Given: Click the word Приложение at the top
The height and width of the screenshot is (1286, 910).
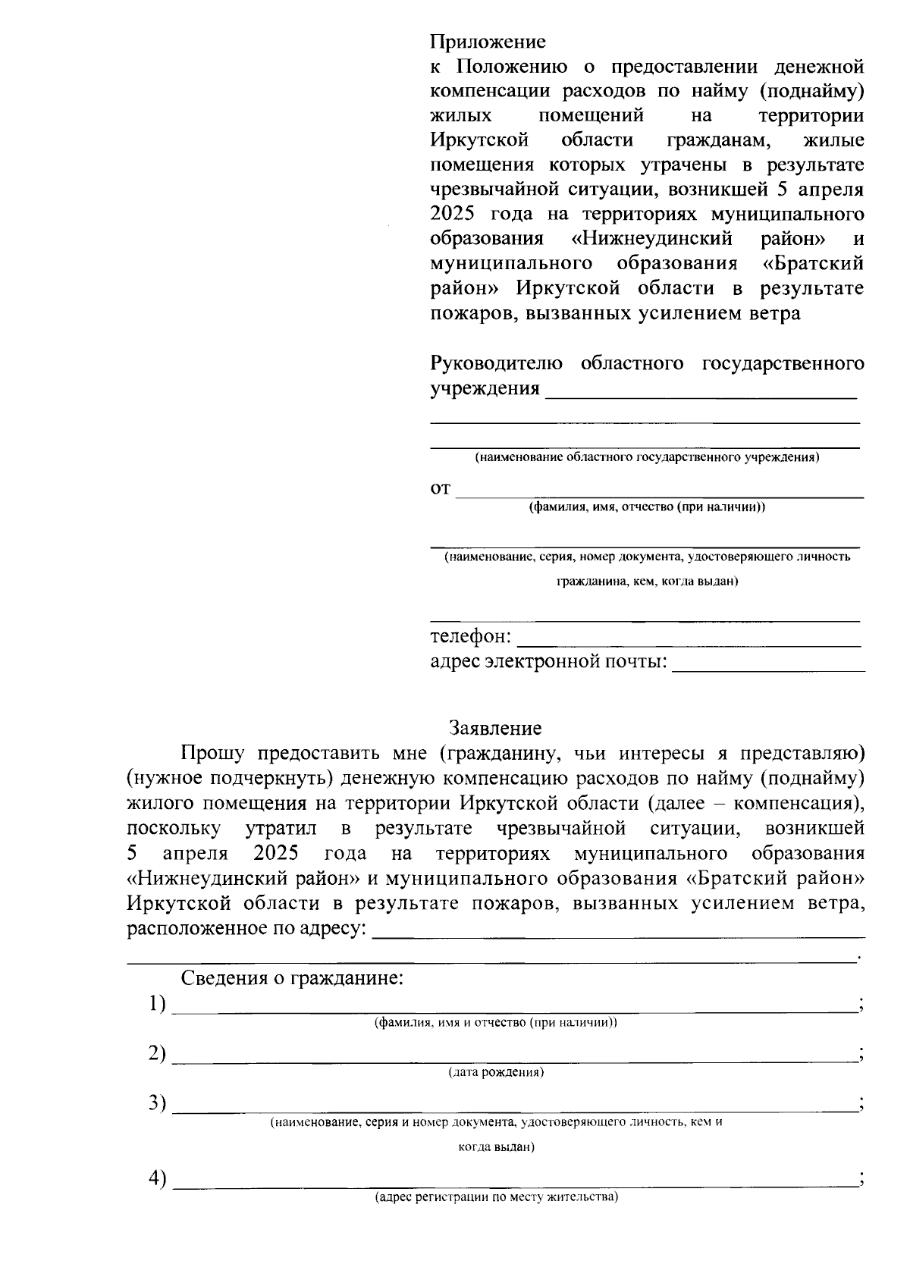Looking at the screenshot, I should pyautogui.click(x=488, y=41).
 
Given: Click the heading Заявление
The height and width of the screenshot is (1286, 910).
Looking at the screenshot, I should pyautogui.click(x=495, y=729).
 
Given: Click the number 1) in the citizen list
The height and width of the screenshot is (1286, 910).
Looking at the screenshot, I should pyautogui.click(x=157, y=1004).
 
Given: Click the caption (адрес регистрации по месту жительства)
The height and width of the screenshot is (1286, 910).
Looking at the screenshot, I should pyautogui.click(x=497, y=1198).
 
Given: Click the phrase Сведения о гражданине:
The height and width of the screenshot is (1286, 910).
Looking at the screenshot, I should pyautogui.click(x=292, y=978).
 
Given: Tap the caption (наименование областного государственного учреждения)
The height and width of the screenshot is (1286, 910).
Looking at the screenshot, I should pyautogui.click(x=647, y=458).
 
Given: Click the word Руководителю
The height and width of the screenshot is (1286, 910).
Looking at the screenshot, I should pyautogui.click(x=496, y=364).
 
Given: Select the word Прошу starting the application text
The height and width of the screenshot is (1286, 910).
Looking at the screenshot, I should pyautogui.click(x=212, y=754).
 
